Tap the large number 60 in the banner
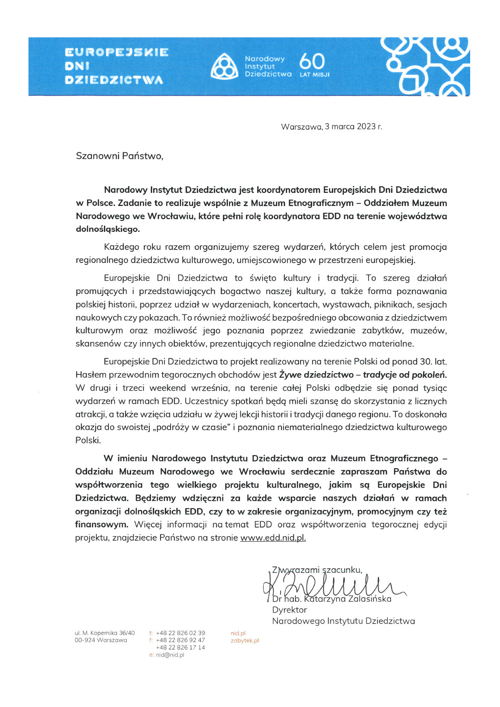[312, 62]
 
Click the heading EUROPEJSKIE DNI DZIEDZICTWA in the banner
[117, 66]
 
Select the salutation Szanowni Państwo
[119, 156]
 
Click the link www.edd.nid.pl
[273, 538]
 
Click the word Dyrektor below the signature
[290, 610]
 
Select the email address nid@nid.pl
[170, 655]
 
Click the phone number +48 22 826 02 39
[180, 633]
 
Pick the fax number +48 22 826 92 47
[180, 640]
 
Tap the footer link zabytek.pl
[245, 640]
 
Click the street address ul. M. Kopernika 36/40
[105, 633]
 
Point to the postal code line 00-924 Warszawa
[101, 640]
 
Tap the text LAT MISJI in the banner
[315, 75]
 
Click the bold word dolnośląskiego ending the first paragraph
[108, 229]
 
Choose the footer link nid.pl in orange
[238, 633]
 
